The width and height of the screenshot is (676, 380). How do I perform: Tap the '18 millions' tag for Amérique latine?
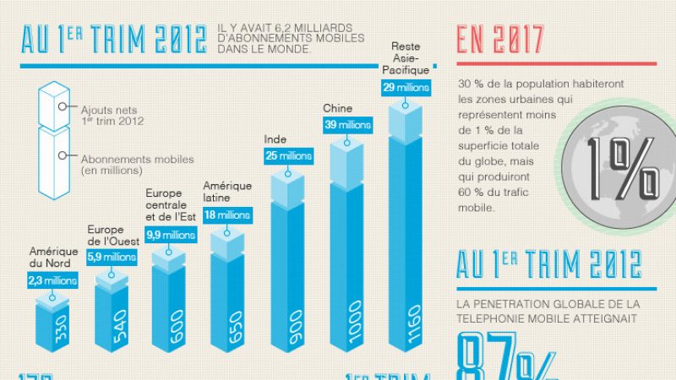tap(226, 215)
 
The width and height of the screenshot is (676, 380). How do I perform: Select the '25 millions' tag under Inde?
tap(288, 155)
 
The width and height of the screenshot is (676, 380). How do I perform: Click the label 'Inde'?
tap(275, 138)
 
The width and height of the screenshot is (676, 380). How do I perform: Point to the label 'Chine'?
tap(337, 108)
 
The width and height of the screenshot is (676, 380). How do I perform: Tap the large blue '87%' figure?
tap(508, 359)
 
